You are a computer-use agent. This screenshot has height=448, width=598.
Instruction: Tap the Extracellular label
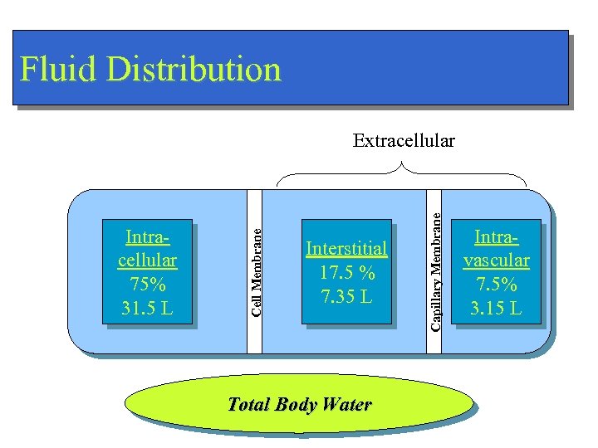pos(404,140)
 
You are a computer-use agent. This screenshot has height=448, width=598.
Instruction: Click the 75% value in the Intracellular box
pos(147,284)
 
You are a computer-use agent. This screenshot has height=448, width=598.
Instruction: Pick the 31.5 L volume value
pos(147,308)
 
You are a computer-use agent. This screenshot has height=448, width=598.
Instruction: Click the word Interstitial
pos(346,248)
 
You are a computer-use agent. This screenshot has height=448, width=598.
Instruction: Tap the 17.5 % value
pos(346,272)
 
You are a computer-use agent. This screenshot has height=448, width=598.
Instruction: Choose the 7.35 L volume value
pos(346,295)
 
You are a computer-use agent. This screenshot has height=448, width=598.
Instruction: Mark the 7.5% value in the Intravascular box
pos(497,284)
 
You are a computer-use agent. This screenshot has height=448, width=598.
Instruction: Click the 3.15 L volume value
pos(497,308)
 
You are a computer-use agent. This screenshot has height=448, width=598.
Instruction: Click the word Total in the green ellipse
pos(250,405)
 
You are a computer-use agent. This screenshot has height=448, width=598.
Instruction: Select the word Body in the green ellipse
pos(297,405)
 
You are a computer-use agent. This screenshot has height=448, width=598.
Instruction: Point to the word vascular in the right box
pos(497,260)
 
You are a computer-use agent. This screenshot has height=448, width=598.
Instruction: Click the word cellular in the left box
pos(147,260)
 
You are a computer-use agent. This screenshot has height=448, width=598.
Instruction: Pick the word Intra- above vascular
pos(497,236)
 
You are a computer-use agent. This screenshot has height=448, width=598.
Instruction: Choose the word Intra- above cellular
pos(147,236)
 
